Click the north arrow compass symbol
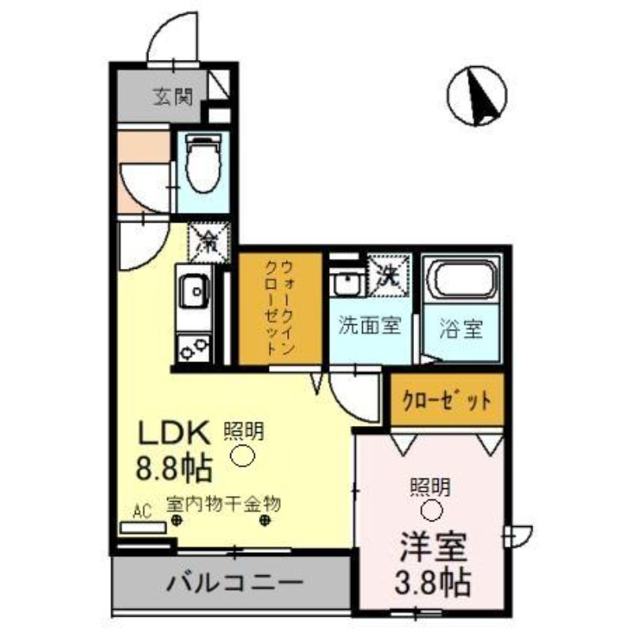476,96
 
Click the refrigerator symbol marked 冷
209,241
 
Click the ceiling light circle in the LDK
244,455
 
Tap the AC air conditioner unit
142,528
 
